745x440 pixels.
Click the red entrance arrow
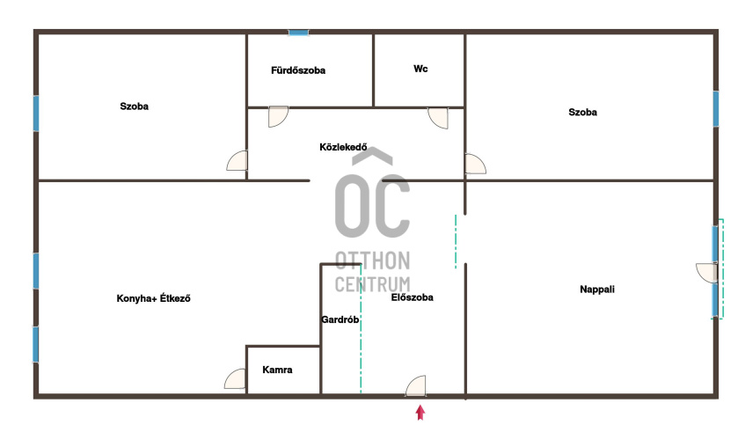pyautogui.click(x=420, y=413)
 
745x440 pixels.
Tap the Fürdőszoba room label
pyautogui.click(x=298, y=70)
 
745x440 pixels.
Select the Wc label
pyautogui.click(x=420, y=69)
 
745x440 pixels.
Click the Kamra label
pyautogui.click(x=277, y=370)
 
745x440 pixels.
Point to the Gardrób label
pyautogui.click(x=340, y=319)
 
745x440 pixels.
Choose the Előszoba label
pyautogui.click(x=412, y=297)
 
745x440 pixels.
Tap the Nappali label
pyautogui.click(x=597, y=290)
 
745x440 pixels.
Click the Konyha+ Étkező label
pyautogui.click(x=153, y=298)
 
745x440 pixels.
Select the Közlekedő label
pyautogui.click(x=343, y=147)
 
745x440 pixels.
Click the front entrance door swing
pyautogui.click(x=416, y=385)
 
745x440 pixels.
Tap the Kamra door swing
pyautogui.click(x=235, y=378)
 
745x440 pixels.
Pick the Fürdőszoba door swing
pyautogui.click(x=279, y=116)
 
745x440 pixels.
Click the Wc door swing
pyautogui.click(x=438, y=118)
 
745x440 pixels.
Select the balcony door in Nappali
pyautogui.click(x=706, y=273)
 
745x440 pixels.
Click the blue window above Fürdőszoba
pyautogui.click(x=298, y=33)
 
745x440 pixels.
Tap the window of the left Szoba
pyautogui.click(x=36, y=114)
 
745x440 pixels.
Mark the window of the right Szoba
pyautogui.click(x=716, y=109)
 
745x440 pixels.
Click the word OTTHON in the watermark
pyautogui.click(x=373, y=260)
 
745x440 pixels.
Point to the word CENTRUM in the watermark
pyautogui.click(x=373, y=284)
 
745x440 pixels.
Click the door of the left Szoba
pyautogui.click(x=237, y=161)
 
